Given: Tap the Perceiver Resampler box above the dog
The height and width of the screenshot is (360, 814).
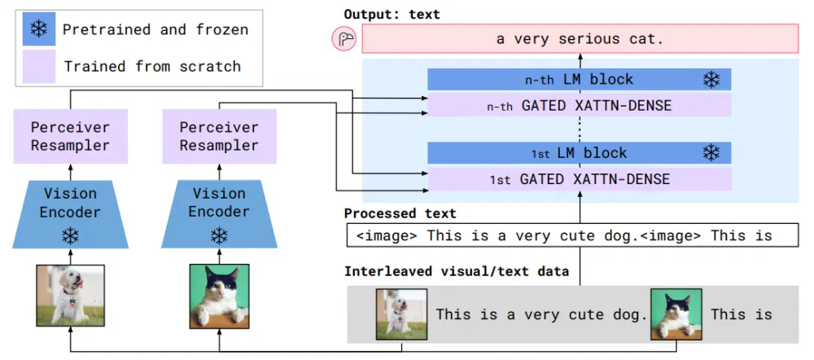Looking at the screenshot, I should click(69, 137).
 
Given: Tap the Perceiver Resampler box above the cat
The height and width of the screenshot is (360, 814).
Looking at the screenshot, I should click(219, 137).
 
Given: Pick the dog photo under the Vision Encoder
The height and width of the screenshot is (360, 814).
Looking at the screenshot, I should click(69, 293).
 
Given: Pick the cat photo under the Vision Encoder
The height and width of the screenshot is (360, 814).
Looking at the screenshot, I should click(219, 293).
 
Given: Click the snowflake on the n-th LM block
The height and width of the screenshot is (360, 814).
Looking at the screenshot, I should click(711, 80).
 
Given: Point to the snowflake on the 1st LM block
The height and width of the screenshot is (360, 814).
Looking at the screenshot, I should click(711, 153).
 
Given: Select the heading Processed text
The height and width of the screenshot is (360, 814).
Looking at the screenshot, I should click(400, 213).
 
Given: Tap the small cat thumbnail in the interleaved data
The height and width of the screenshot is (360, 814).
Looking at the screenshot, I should click(675, 314).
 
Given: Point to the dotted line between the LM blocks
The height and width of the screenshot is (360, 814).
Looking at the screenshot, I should click(580, 129).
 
